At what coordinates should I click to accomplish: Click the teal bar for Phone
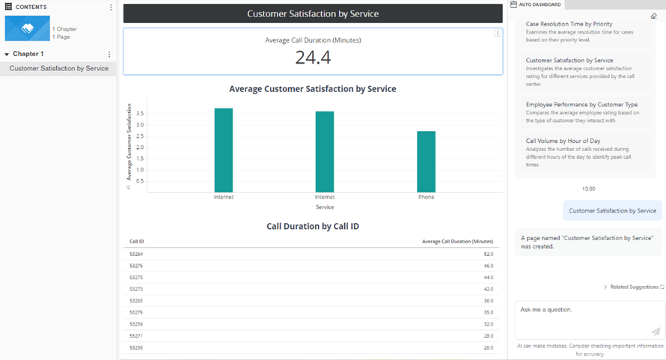426,162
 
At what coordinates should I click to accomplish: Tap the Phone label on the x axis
426,198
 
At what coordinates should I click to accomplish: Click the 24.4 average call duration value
313,58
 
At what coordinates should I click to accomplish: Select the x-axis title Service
325,207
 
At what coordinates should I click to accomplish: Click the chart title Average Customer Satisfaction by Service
313,89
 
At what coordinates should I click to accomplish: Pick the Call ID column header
137,242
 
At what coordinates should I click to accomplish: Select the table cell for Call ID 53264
136,254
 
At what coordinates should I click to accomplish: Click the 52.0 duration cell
488,254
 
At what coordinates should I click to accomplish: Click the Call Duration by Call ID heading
313,226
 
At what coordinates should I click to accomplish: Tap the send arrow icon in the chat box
656,331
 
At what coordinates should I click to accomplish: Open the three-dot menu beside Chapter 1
109,55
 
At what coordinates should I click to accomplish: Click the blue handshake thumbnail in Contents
27,29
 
